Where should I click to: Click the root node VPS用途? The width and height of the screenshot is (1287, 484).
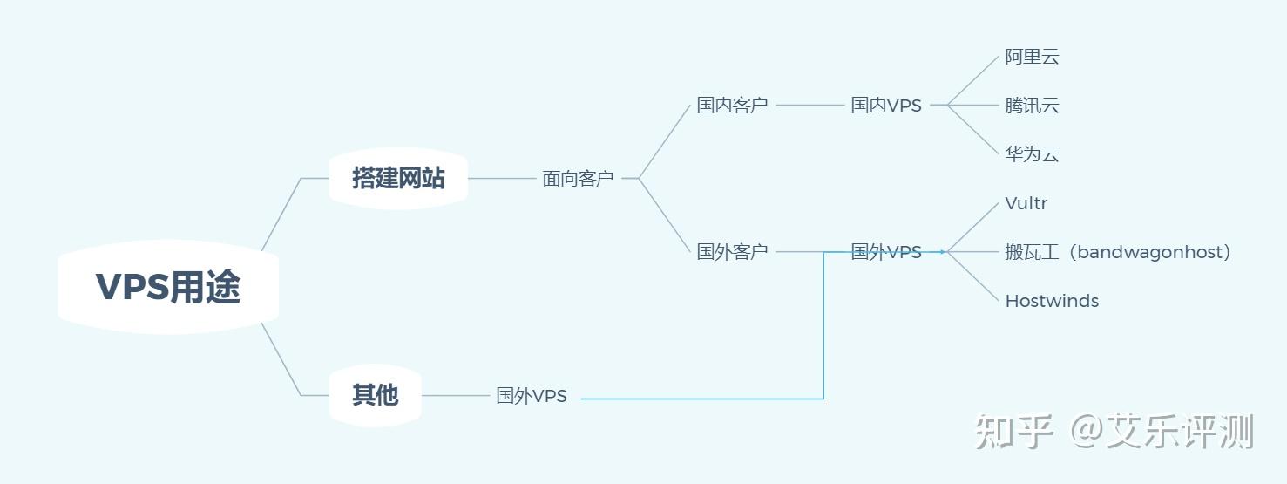coord(167,287)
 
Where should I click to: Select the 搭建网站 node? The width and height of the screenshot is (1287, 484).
coord(398,178)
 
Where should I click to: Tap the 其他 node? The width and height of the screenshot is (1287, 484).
coord(375,395)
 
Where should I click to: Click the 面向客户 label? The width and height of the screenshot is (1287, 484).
coord(578,179)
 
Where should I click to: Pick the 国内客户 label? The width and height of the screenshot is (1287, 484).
coord(732,106)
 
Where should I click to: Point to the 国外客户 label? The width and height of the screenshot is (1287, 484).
coord(732,252)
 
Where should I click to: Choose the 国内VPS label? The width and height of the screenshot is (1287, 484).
coord(885,106)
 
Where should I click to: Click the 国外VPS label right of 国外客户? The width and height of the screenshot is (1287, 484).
coord(885,252)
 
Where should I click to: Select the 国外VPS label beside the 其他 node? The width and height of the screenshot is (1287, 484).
coord(532,396)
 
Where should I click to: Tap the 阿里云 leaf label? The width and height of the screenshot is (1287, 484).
coord(1032,58)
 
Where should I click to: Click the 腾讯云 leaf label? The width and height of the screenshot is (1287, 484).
coord(1032,106)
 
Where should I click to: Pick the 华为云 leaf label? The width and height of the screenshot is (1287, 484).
coord(1032,155)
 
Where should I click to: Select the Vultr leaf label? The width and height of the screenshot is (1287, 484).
coord(1026,204)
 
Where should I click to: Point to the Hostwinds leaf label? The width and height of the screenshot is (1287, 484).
coord(1051,302)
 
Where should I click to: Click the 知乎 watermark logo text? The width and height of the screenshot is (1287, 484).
coord(1014,432)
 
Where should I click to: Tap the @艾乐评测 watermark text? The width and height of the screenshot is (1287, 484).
coord(1162,432)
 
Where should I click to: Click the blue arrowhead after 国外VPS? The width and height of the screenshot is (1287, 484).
coord(942,252)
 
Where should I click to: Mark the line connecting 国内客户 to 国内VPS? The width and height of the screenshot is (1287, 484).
coord(809,105)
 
